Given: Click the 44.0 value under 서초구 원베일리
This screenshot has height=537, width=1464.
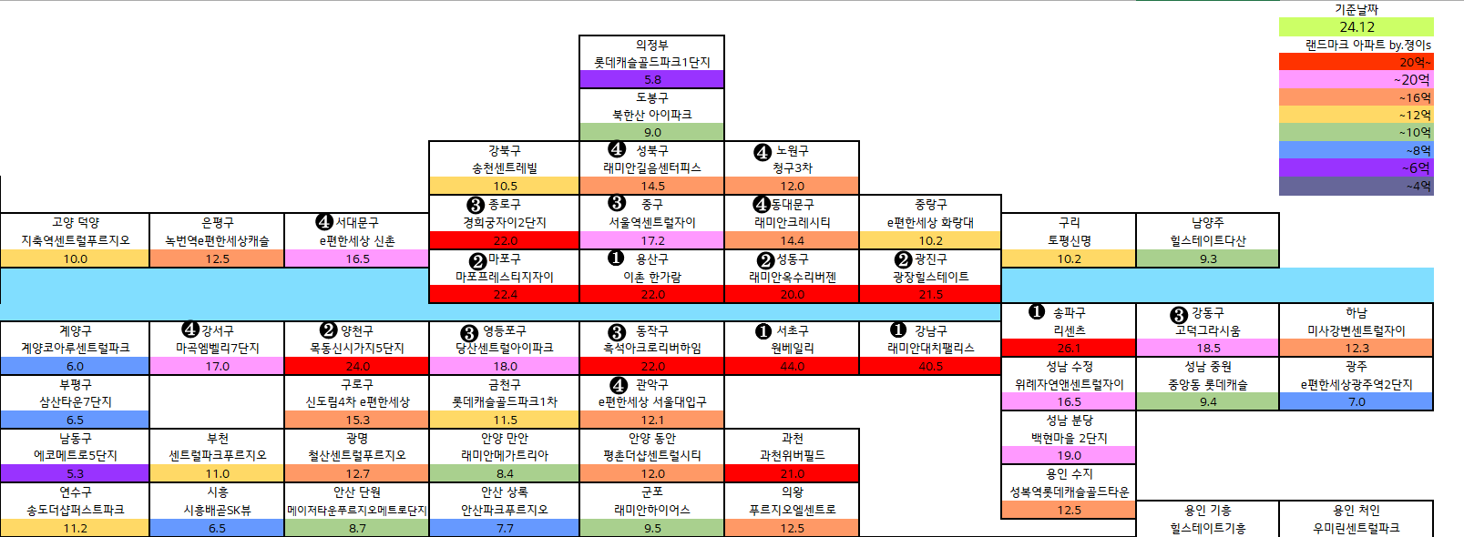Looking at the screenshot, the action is tap(792, 366).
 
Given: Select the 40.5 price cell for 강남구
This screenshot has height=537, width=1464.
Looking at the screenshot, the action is tap(930, 366).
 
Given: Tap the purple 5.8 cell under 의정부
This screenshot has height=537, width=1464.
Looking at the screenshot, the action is tap(652, 80).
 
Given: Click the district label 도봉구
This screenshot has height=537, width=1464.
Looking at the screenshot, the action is tap(652, 97).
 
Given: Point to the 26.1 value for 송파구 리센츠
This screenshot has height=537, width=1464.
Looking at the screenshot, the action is tap(1069, 348).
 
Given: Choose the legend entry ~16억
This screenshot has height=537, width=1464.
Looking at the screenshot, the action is tap(1415, 97).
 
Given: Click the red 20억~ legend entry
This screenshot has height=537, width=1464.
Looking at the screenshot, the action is tap(1415, 62).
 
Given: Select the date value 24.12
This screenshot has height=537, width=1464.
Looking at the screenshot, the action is tap(1357, 26).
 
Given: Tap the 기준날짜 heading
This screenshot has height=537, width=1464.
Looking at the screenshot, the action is tap(1357, 9).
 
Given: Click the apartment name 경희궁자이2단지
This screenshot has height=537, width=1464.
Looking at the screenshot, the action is tap(505, 222).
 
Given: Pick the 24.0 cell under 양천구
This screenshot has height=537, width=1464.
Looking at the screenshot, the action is tap(357, 366).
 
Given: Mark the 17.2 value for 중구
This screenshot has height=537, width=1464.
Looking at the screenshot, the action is tap(652, 240).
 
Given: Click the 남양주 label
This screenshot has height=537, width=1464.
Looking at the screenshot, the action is tap(1208, 222).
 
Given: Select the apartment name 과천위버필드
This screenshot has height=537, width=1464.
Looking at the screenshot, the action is tap(792, 455).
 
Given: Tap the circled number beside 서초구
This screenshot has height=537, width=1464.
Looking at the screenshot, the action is tap(763, 331).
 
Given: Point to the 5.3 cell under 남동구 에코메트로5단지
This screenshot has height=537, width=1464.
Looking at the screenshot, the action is tap(75, 473).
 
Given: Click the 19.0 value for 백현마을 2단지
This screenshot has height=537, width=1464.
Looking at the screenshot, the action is tap(1069, 455).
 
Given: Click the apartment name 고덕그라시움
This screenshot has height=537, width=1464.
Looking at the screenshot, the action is tap(1208, 330).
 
